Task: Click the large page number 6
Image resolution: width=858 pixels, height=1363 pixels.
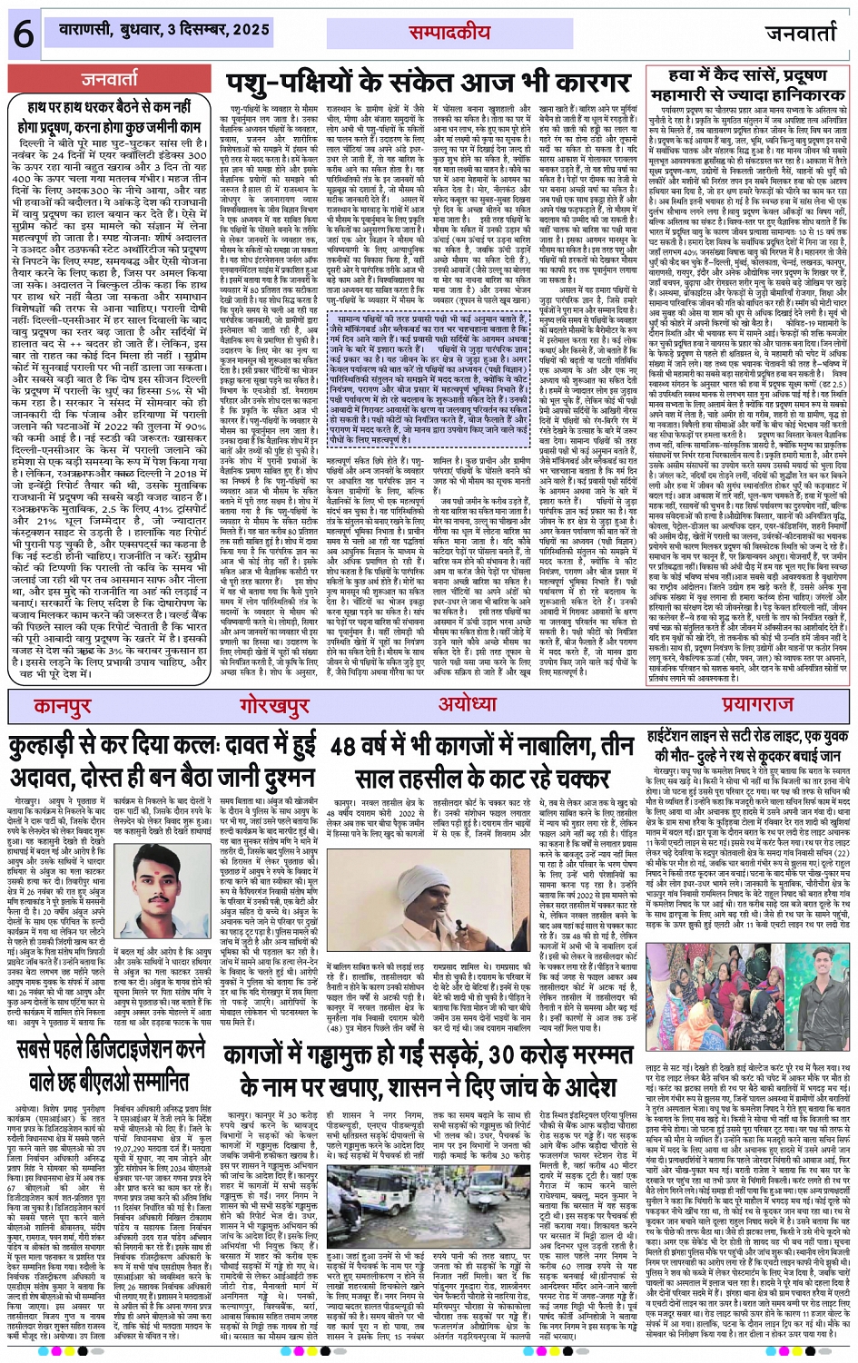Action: [22, 34]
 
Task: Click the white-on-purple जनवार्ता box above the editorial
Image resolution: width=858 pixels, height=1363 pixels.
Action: [110, 80]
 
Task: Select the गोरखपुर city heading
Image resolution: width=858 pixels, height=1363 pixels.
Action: [276, 705]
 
